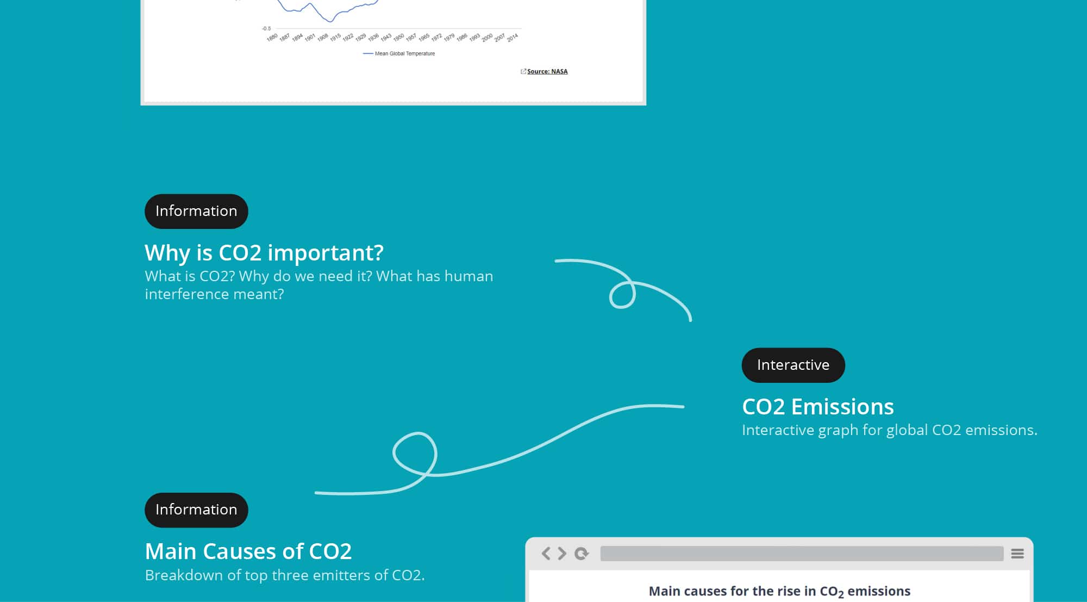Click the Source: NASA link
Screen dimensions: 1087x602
click(547, 71)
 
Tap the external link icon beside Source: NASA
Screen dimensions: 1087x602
click(523, 71)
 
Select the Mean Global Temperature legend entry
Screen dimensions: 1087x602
click(399, 53)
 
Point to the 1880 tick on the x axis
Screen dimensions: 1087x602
click(272, 38)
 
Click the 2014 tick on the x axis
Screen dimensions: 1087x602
click(513, 38)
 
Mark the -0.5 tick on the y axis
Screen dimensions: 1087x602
click(266, 28)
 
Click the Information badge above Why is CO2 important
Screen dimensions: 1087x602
click(196, 211)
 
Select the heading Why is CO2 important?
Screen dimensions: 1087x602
click(264, 253)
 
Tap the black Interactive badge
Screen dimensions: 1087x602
click(793, 365)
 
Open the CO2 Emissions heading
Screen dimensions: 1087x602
click(818, 407)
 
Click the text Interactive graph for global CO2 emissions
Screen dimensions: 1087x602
click(890, 430)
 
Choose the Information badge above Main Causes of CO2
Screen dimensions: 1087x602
click(196, 510)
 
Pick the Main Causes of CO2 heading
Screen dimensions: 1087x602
click(248, 551)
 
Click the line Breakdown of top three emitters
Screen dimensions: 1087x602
click(285, 575)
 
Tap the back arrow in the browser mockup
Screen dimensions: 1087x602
click(546, 554)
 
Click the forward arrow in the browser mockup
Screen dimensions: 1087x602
click(562, 554)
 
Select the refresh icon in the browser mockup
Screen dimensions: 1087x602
click(582, 554)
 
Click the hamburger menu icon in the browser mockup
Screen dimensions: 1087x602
click(1017, 554)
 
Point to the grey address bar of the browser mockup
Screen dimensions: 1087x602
click(802, 554)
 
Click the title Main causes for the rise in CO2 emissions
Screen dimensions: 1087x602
click(779, 592)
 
